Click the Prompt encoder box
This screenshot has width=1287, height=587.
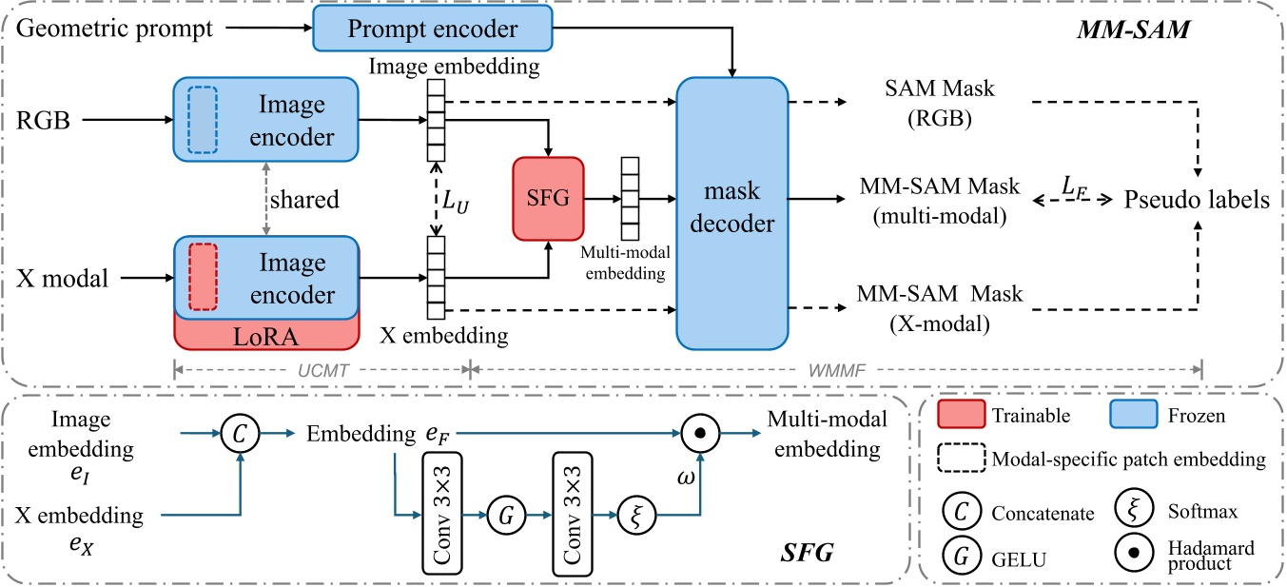point(432,29)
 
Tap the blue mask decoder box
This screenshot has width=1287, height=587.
point(732,213)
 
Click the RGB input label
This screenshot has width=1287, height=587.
point(38,122)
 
